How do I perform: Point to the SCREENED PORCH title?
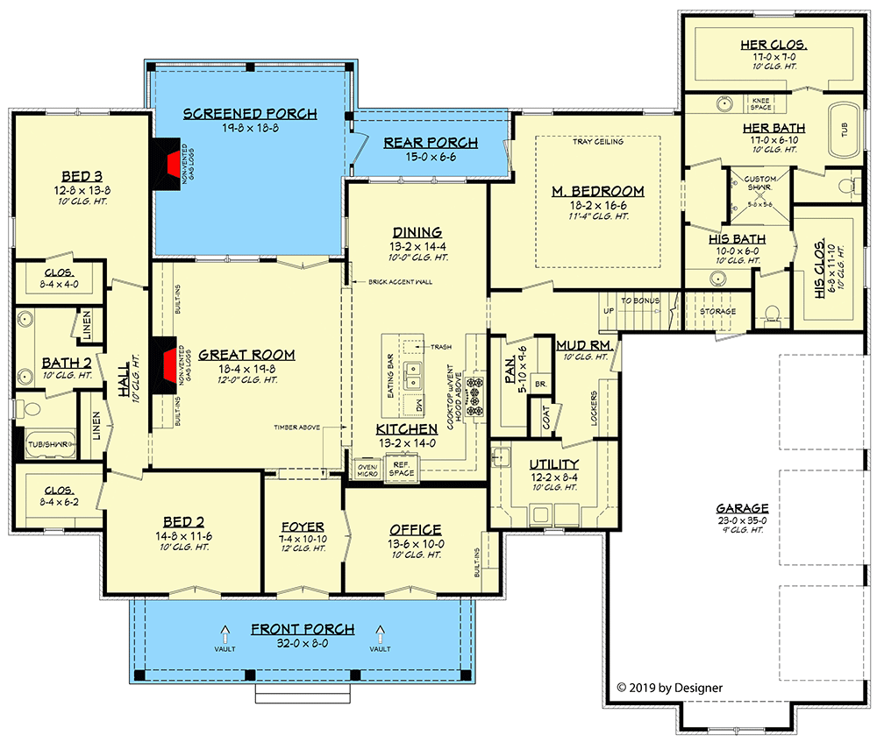click(x=250, y=114)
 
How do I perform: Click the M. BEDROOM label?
click(x=598, y=191)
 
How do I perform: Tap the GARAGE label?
click(x=742, y=508)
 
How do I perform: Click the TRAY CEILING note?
click(x=598, y=141)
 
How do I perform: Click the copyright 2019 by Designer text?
click(x=669, y=688)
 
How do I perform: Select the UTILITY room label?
click(x=553, y=463)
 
